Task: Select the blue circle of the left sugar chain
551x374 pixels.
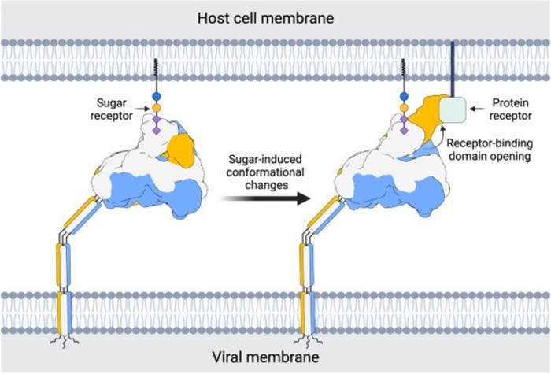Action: pyautogui.click(x=156, y=97)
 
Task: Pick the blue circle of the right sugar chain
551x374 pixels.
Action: pyautogui.click(x=405, y=97)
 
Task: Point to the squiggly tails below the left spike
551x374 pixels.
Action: pyautogui.click(x=64, y=340)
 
